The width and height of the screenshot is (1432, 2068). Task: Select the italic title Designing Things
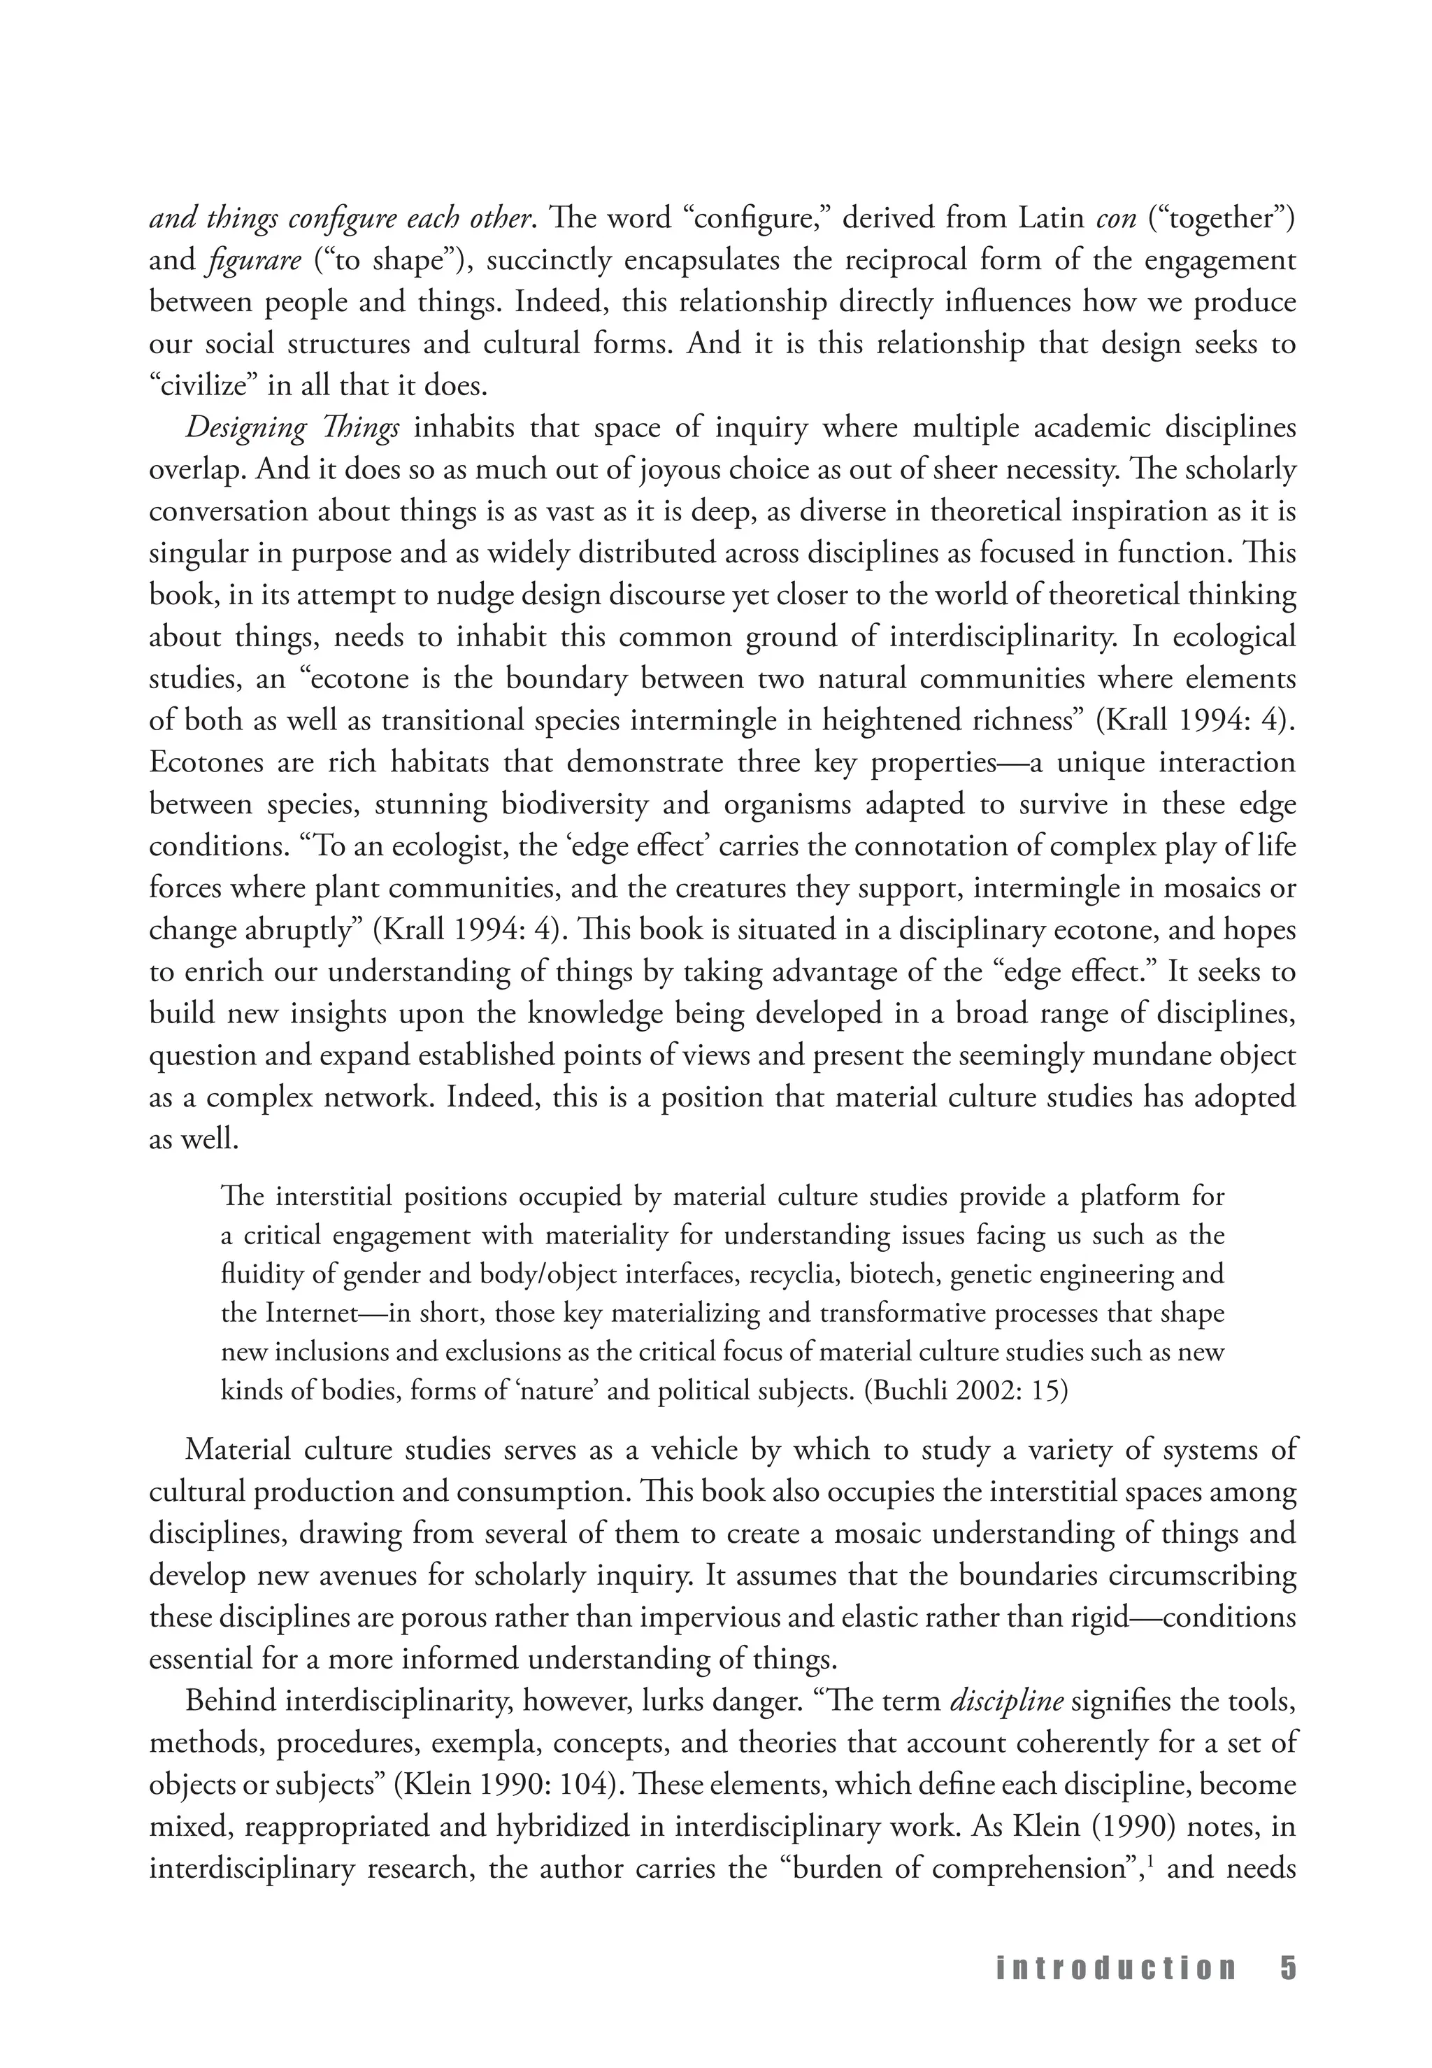pyautogui.click(x=292, y=428)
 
